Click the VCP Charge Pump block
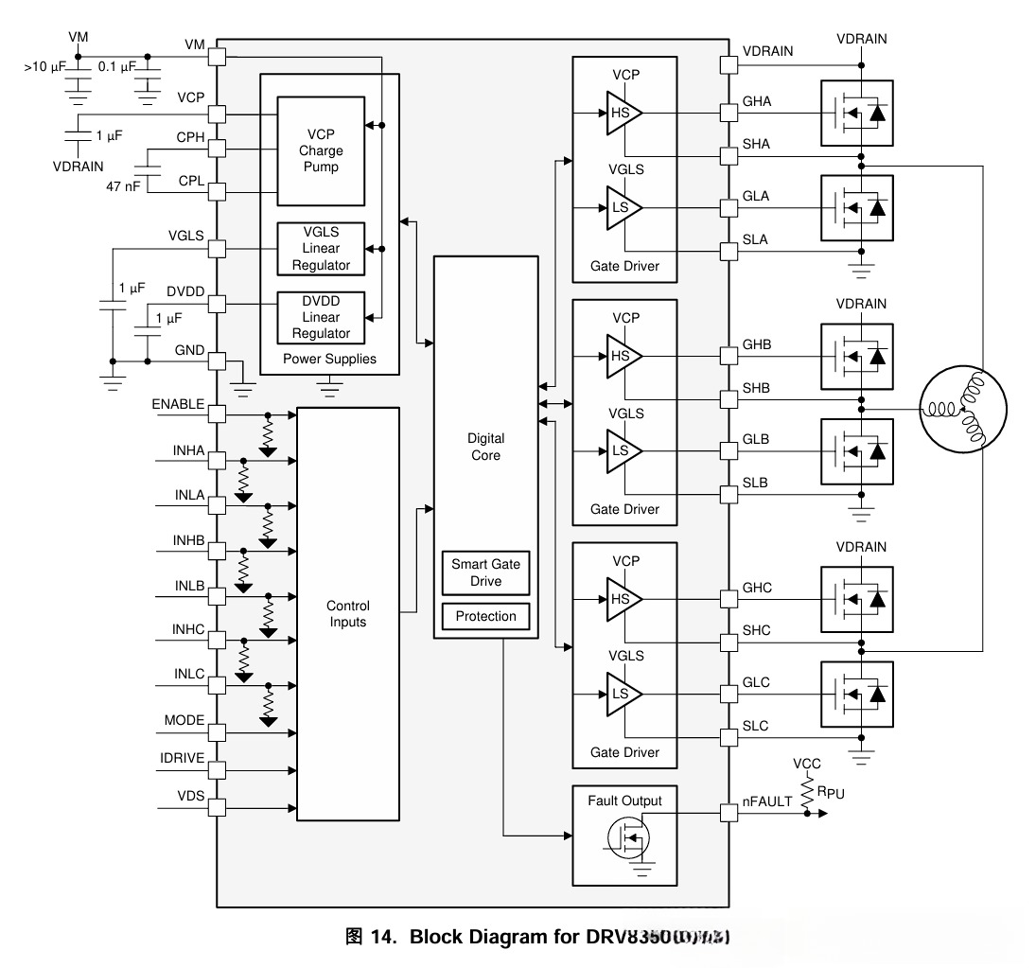321,150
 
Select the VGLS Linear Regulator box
321,249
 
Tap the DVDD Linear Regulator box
321,317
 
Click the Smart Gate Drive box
485,572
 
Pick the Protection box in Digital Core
485,616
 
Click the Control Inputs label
347,614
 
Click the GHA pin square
728,114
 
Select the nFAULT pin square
728,813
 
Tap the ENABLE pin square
217,414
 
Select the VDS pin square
217,807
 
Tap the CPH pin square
217,150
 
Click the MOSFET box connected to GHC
856,598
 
